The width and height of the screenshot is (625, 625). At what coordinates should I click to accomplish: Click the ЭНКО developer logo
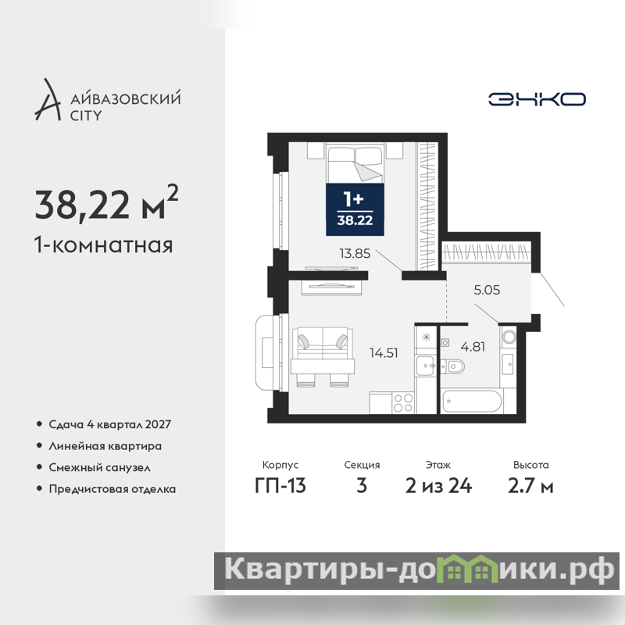click(x=537, y=99)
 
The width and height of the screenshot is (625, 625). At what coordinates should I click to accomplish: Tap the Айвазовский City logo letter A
click(x=48, y=100)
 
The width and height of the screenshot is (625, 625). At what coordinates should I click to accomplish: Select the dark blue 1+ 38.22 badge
click(x=355, y=209)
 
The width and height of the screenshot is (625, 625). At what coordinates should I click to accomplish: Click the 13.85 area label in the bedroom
click(x=355, y=253)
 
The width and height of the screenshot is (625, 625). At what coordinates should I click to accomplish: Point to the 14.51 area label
click(x=384, y=353)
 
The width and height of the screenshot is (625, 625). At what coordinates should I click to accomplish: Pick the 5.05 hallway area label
click(x=487, y=290)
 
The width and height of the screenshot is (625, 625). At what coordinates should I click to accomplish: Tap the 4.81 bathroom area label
click(x=473, y=347)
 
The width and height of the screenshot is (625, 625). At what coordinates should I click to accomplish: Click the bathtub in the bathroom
click(x=472, y=401)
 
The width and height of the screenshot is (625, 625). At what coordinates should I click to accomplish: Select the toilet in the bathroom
click(x=453, y=366)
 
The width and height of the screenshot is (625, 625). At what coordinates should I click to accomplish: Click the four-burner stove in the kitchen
click(x=403, y=402)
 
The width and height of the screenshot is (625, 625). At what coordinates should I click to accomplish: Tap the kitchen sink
click(x=425, y=366)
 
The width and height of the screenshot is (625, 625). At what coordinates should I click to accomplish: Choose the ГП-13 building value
click(x=280, y=485)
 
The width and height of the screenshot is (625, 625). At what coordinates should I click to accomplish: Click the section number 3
click(x=362, y=485)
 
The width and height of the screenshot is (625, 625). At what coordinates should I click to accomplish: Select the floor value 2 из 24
click(x=438, y=485)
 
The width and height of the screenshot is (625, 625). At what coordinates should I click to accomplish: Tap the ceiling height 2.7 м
click(x=530, y=485)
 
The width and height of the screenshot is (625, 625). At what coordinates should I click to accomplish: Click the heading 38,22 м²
click(x=106, y=203)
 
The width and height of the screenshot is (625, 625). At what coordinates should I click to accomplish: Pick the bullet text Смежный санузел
click(x=99, y=467)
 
